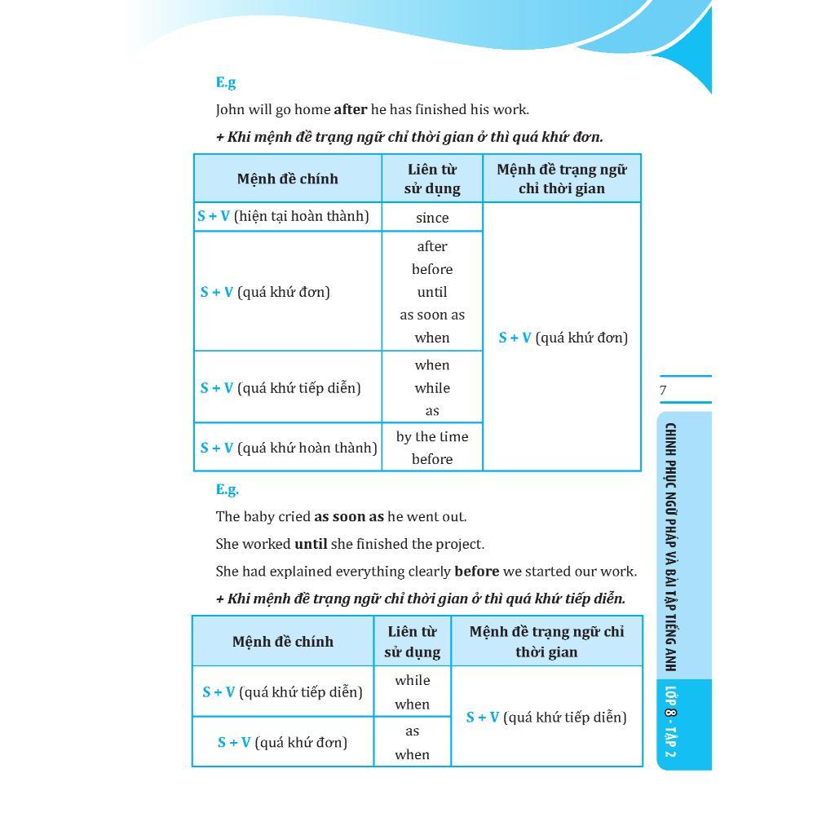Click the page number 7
[663, 391]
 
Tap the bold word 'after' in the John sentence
[350, 109]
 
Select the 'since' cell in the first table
[432, 218]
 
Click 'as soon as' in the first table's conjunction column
[432, 315]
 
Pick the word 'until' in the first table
[432, 292]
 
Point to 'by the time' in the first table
[432, 437]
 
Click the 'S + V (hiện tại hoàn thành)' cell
[283, 216]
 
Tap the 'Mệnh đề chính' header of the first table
[287, 179]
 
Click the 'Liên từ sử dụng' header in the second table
[412, 642]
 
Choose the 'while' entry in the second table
[412, 680]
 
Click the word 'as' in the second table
[412, 731]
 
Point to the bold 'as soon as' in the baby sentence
[349, 517]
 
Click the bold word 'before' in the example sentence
[476, 572]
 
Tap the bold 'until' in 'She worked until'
[311, 544]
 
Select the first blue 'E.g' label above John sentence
[226, 82]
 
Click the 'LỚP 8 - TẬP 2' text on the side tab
[670, 722]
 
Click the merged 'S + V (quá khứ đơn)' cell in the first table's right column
[563, 338]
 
